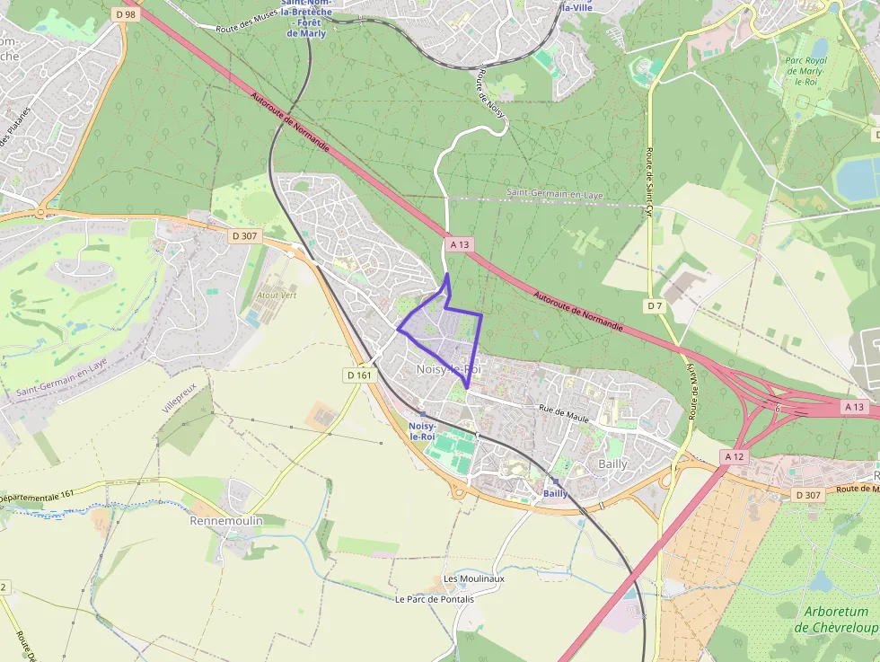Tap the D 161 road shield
click(x=358, y=375)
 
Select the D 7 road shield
click(x=656, y=306)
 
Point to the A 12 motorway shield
click(x=735, y=457)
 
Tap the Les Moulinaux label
click(x=474, y=578)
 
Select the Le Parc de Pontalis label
click(x=435, y=599)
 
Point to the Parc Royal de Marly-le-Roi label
click(x=805, y=71)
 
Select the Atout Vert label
click(x=277, y=295)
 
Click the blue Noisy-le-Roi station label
click(x=422, y=430)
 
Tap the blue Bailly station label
click(x=556, y=493)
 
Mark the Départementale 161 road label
click(x=36, y=495)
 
